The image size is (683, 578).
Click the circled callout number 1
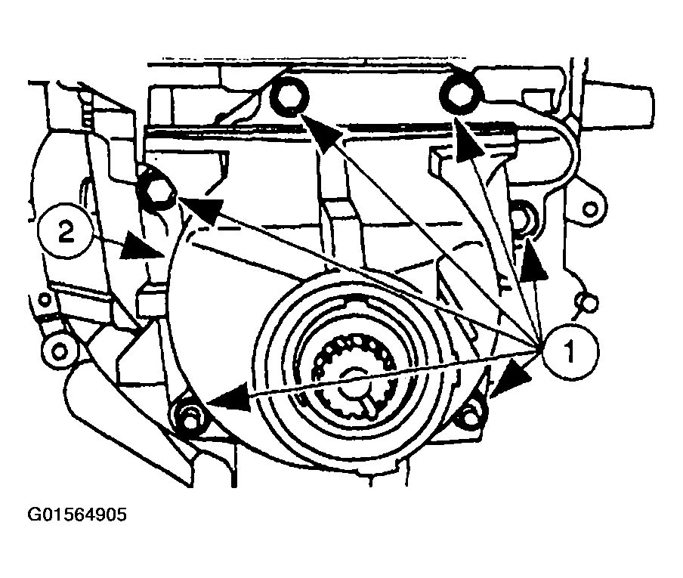click(570, 351)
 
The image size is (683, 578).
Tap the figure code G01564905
click(77, 515)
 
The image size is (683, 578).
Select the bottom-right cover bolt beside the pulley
click(470, 415)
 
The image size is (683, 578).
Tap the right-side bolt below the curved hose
click(520, 217)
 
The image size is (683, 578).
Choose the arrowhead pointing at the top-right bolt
click(468, 138)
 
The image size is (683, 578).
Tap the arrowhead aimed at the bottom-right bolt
click(511, 378)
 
